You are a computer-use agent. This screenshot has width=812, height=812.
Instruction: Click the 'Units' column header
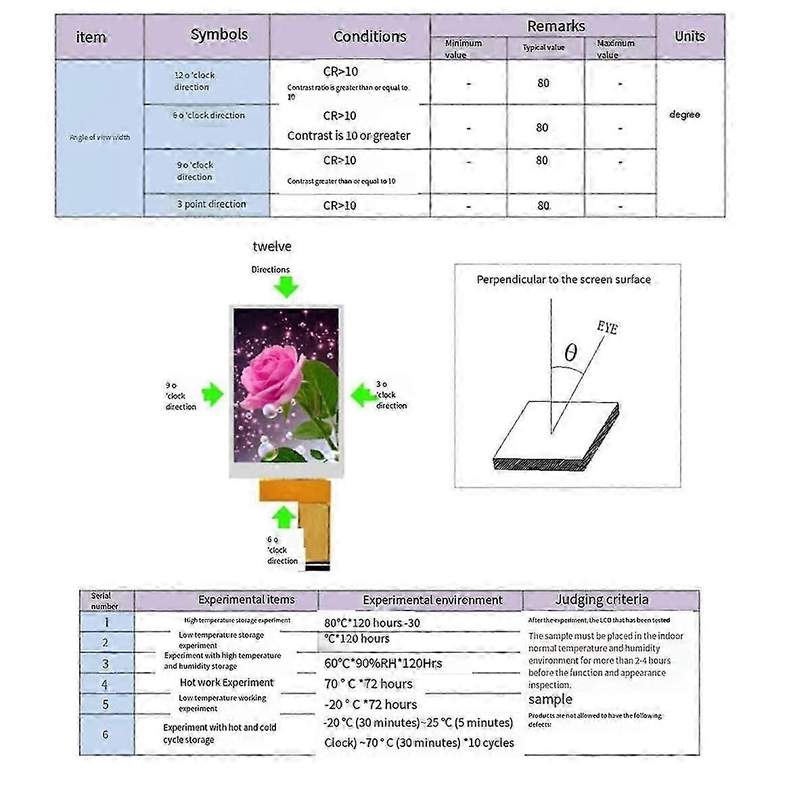[x=690, y=37]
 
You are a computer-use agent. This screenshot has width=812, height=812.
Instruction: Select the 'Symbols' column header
[x=219, y=35]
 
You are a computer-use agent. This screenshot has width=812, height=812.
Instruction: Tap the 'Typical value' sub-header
[x=543, y=48]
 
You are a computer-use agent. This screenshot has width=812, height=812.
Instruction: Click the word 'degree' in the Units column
[x=684, y=115]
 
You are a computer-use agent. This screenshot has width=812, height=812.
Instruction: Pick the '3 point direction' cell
[x=211, y=204]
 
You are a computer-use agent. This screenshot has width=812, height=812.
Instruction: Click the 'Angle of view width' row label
[x=99, y=137]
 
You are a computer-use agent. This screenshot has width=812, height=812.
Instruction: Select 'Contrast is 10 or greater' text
[x=348, y=136]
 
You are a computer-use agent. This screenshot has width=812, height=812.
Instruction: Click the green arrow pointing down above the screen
[x=286, y=288]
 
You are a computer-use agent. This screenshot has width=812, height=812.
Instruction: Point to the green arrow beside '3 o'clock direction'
[x=363, y=394]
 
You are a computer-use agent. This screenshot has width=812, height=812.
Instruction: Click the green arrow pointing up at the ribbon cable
[x=284, y=517]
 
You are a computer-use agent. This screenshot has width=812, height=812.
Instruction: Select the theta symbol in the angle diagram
[x=570, y=353]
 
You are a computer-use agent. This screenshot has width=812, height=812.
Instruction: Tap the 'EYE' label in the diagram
[x=607, y=328]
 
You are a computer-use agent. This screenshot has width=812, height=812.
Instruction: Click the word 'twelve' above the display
[x=272, y=247]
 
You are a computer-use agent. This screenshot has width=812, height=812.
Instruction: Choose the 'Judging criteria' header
[x=602, y=600]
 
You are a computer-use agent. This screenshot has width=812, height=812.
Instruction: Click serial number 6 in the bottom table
[x=106, y=735]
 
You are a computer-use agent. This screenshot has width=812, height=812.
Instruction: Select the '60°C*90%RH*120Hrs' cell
[x=383, y=664]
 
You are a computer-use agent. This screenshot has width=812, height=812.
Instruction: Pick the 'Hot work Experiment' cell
[x=227, y=683]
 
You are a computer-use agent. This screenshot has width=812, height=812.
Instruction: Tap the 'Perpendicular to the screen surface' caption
[x=564, y=279]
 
